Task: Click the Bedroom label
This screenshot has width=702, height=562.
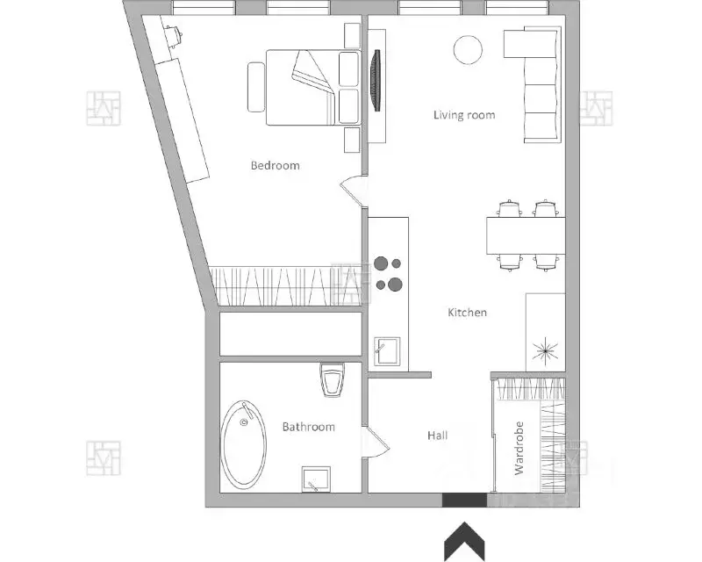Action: pyautogui.click(x=275, y=165)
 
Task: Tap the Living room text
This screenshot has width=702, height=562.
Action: pyautogui.click(x=464, y=115)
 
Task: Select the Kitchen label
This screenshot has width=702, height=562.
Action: pyautogui.click(x=468, y=313)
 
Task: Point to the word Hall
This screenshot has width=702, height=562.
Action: pyautogui.click(x=437, y=436)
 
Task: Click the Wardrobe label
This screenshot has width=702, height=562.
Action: pyautogui.click(x=519, y=448)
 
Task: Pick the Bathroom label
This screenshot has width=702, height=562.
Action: pyautogui.click(x=309, y=427)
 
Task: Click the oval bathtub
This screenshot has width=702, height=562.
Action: pyautogui.click(x=244, y=444)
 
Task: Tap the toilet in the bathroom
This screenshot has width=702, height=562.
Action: pyautogui.click(x=333, y=379)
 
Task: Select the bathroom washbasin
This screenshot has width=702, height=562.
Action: pyautogui.click(x=316, y=479)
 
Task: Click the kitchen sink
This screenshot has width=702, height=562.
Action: pyautogui.click(x=387, y=351)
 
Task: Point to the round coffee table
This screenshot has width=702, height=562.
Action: pyautogui.click(x=468, y=50)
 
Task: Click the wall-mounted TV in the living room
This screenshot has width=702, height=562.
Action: pyautogui.click(x=376, y=80)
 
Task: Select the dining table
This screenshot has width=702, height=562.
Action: pyautogui.click(x=526, y=235)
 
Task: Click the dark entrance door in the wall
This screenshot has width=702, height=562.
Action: pyautogui.click(x=464, y=501)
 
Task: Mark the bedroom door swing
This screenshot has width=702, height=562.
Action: pyautogui.click(x=354, y=191)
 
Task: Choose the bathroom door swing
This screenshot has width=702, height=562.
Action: pyautogui.click(x=376, y=442)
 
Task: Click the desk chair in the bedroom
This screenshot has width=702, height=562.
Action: pyautogui.click(x=172, y=35)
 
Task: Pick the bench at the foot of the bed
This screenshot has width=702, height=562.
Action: pyautogui.click(x=256, y=87)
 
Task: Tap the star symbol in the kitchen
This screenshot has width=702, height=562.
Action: pyautogui.click(x=545, y=349)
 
